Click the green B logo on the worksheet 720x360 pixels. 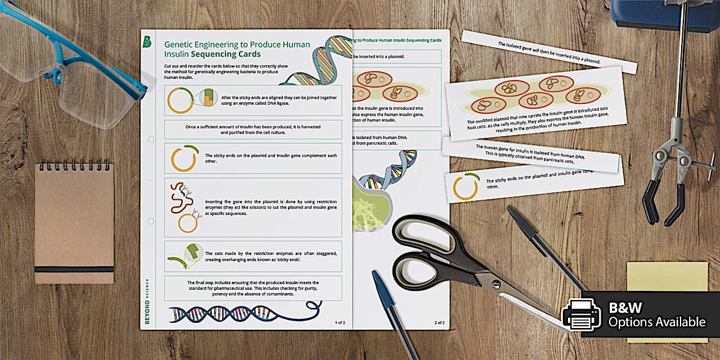pyautogui.click(x=147, y=42)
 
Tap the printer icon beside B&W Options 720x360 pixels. pyautogui.click(x=582, y=314)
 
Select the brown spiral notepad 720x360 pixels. pyautogui.click(x=74, y=222)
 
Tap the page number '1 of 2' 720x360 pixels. pyautogui.click(x=339, y=322)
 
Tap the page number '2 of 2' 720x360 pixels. pyautogui.click(x=439, y=322)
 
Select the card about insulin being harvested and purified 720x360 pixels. pyautogui.click(x=253, y=129)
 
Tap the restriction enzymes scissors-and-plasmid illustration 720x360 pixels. pyautogui.click(x=183, y=206)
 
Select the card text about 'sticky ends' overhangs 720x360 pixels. pyautogui.click(x=271, y=256)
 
